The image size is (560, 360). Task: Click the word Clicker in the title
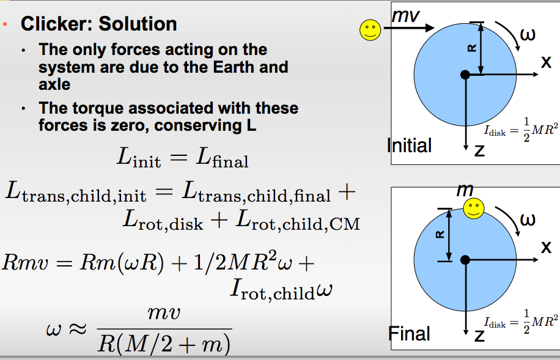[x=56, y=24]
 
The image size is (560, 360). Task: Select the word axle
[x=54, y=84]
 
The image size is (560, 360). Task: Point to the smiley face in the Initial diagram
[x=370, y=30]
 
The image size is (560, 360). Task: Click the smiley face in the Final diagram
[x=474, y=208]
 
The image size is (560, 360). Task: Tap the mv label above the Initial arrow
[x=406, y=16]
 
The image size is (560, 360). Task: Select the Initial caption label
[x=409, y=145]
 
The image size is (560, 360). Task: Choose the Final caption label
[x=409, y=334]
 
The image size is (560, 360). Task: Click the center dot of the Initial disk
[x=465, y=75]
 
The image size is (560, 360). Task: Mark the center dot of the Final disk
[x=465, y=260]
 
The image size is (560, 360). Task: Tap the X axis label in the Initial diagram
[x=546, y=62]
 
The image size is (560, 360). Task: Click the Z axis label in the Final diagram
[x=479, y=336]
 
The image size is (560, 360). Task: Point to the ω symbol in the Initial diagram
[x=528, y=35]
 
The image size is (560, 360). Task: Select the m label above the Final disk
[x=465, y=190]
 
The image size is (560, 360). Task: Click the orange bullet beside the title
[x=5, y=24]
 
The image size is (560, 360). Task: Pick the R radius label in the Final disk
[x=440, y=234]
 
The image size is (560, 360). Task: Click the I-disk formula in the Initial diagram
[x=520, y=130]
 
